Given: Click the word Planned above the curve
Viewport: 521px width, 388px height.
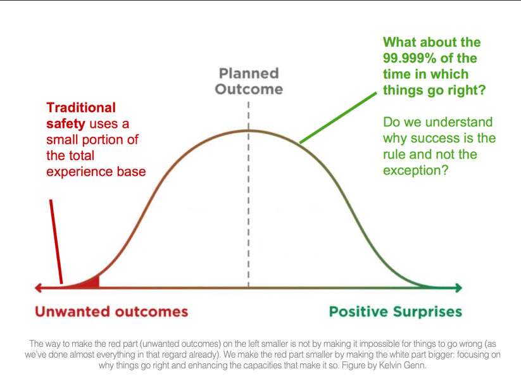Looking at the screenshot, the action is [x=249, y=73].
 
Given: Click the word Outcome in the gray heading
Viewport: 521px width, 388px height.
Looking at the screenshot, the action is [x=249, y=89].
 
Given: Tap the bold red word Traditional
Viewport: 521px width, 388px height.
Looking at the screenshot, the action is [x=81, y=108].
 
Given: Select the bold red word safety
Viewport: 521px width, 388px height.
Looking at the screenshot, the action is [x=66, y=124].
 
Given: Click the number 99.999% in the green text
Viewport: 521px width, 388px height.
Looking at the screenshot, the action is [x=410, y=58].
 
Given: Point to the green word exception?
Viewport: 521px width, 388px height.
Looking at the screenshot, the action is [x=416, y=170].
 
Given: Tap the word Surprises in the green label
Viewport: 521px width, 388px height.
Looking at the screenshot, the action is [x=428, y=311].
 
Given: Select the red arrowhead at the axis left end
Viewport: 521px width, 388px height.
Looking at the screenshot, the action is [x=38, y=288].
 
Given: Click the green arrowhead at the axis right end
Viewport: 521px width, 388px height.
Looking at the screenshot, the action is [x=458, y=288].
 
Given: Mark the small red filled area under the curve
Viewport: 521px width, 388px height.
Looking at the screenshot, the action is [x=92, y=283].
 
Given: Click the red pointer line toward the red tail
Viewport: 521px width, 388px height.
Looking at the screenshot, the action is [x=56, y=242].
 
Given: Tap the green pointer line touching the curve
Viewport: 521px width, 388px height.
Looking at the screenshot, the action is [x=338, y=118].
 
